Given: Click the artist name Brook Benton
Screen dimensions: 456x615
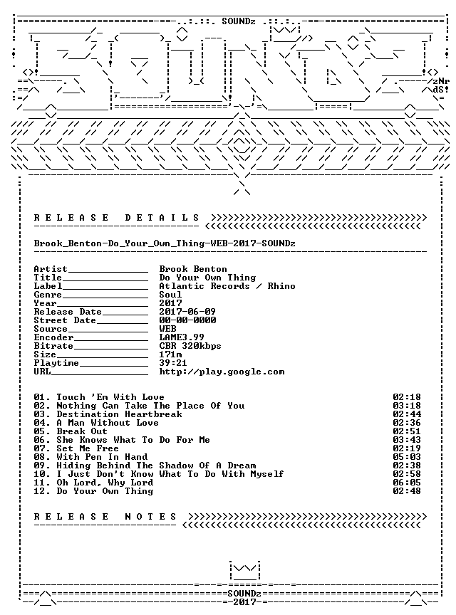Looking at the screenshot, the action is pos(193,269).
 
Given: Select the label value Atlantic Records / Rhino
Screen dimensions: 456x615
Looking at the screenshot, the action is pos(227,286).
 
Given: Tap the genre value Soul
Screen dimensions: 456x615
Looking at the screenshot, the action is pos(170,295).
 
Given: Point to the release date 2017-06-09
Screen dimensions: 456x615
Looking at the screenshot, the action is pos(187,312).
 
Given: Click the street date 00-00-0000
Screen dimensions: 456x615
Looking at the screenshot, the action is pos(187,320).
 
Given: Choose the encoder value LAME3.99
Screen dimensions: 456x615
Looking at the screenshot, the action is pos(182,337).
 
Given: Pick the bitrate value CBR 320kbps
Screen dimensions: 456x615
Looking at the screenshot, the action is pos(190,346).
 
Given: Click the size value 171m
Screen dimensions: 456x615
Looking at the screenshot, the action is pos(170,354).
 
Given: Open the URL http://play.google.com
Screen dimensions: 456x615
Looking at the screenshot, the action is pos(222,372).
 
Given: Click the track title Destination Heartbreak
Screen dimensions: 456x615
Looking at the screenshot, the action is pos(119,414).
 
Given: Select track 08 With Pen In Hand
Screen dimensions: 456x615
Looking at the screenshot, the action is pos(90,457).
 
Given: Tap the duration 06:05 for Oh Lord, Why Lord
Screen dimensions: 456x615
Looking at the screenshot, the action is pos(407,483).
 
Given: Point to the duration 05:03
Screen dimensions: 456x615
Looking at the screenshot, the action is pos(407,457).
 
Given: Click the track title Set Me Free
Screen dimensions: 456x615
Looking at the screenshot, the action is pos(88,448).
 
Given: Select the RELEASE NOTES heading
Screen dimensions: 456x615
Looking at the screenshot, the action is pos(105,517).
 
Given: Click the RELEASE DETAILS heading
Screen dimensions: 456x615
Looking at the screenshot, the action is pos(117,218).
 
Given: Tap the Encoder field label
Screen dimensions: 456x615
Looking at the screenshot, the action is pos(53,337).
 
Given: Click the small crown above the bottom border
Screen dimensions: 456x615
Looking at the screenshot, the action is pos(245,571).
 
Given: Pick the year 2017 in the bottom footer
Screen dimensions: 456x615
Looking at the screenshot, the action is pos(245,601).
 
